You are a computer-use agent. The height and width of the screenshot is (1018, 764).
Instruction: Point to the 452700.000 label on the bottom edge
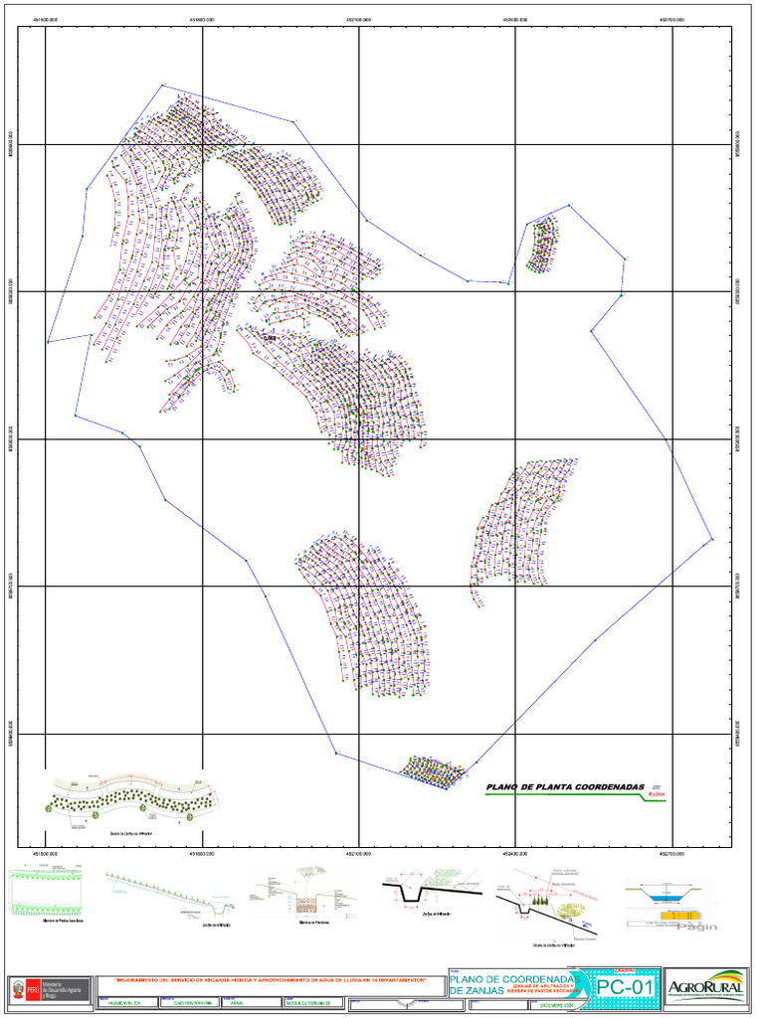672,853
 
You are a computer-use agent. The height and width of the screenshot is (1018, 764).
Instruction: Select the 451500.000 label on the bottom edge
46,853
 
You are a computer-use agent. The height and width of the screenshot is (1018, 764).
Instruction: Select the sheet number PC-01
626,987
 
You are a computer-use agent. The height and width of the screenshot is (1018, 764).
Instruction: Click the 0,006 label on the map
269,338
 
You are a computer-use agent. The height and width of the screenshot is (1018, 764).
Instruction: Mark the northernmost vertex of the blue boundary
162,85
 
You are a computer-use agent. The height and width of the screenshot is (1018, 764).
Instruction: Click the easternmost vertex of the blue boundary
712,540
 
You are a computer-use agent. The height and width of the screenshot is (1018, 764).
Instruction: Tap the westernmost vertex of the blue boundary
48,342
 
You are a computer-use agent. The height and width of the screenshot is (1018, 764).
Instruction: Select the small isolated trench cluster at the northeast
541,246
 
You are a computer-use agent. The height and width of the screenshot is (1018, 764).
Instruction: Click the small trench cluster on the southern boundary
433,770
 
